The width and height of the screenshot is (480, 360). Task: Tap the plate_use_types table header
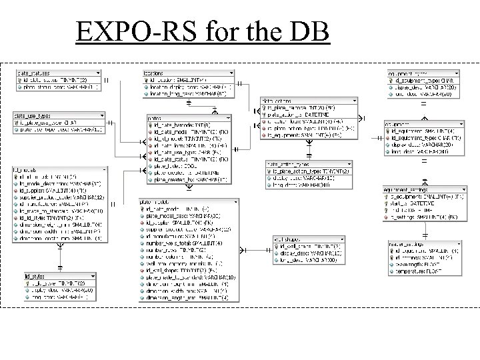pos(33,116)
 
